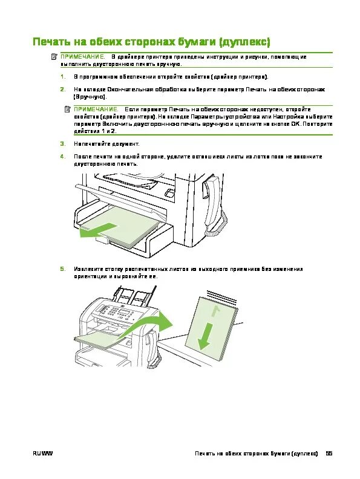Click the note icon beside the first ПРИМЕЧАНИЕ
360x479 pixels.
[54, 57]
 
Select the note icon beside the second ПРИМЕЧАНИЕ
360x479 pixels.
[68, 109]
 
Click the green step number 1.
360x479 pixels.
[62, 77]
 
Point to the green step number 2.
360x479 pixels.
[62, 90]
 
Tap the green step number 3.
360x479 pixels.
[62, 144]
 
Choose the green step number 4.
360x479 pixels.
[62, 157]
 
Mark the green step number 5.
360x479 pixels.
[62, 269]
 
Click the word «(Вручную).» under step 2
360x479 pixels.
[90, 97]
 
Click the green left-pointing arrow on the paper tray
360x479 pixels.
[99, 230]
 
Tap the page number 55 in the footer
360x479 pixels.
[329, 454]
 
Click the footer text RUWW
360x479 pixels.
[43, 454]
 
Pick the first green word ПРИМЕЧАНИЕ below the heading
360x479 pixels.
[83, 57]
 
